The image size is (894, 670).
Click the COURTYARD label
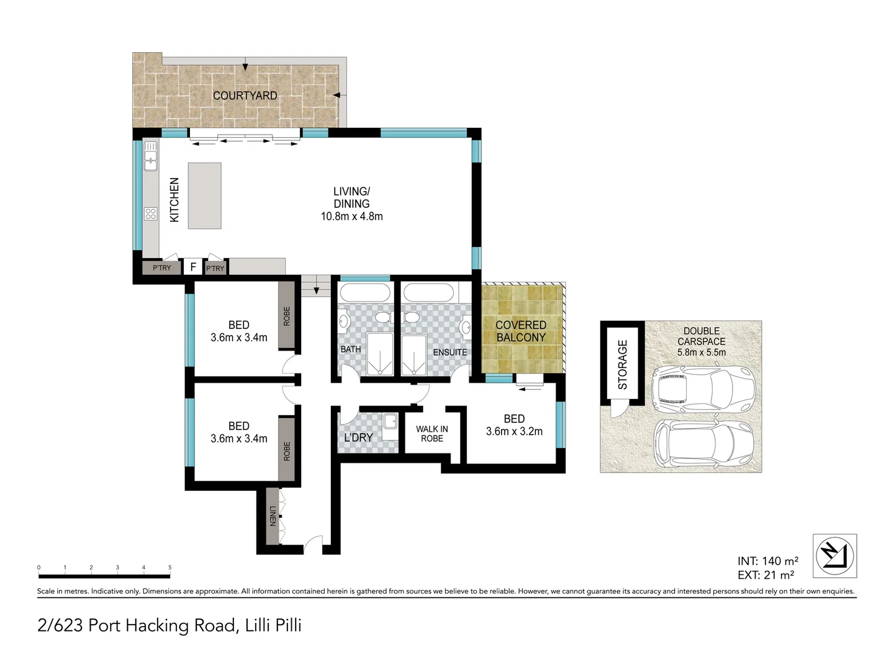point(245,96)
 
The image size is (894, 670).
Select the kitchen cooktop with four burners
point(151,213)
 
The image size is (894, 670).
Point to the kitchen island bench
point(204,195)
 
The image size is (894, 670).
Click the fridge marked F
point(193,267)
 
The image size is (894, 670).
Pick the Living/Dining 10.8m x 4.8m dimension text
point(351,216)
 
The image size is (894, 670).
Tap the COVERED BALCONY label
point(521,331)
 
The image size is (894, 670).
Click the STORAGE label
point(622,365)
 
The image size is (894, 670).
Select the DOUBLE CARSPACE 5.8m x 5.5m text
point(702,342)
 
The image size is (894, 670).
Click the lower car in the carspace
point(703,444)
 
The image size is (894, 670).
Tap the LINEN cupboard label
point(273,516)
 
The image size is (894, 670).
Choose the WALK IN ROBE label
point(431,434)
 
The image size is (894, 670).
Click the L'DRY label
point(358,438)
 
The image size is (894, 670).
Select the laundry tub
point(391,421)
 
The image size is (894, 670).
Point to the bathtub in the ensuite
point(428,292)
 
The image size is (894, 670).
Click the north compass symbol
point(834,556)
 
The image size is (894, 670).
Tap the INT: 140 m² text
point(768,561)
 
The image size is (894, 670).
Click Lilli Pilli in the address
point(273,625)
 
